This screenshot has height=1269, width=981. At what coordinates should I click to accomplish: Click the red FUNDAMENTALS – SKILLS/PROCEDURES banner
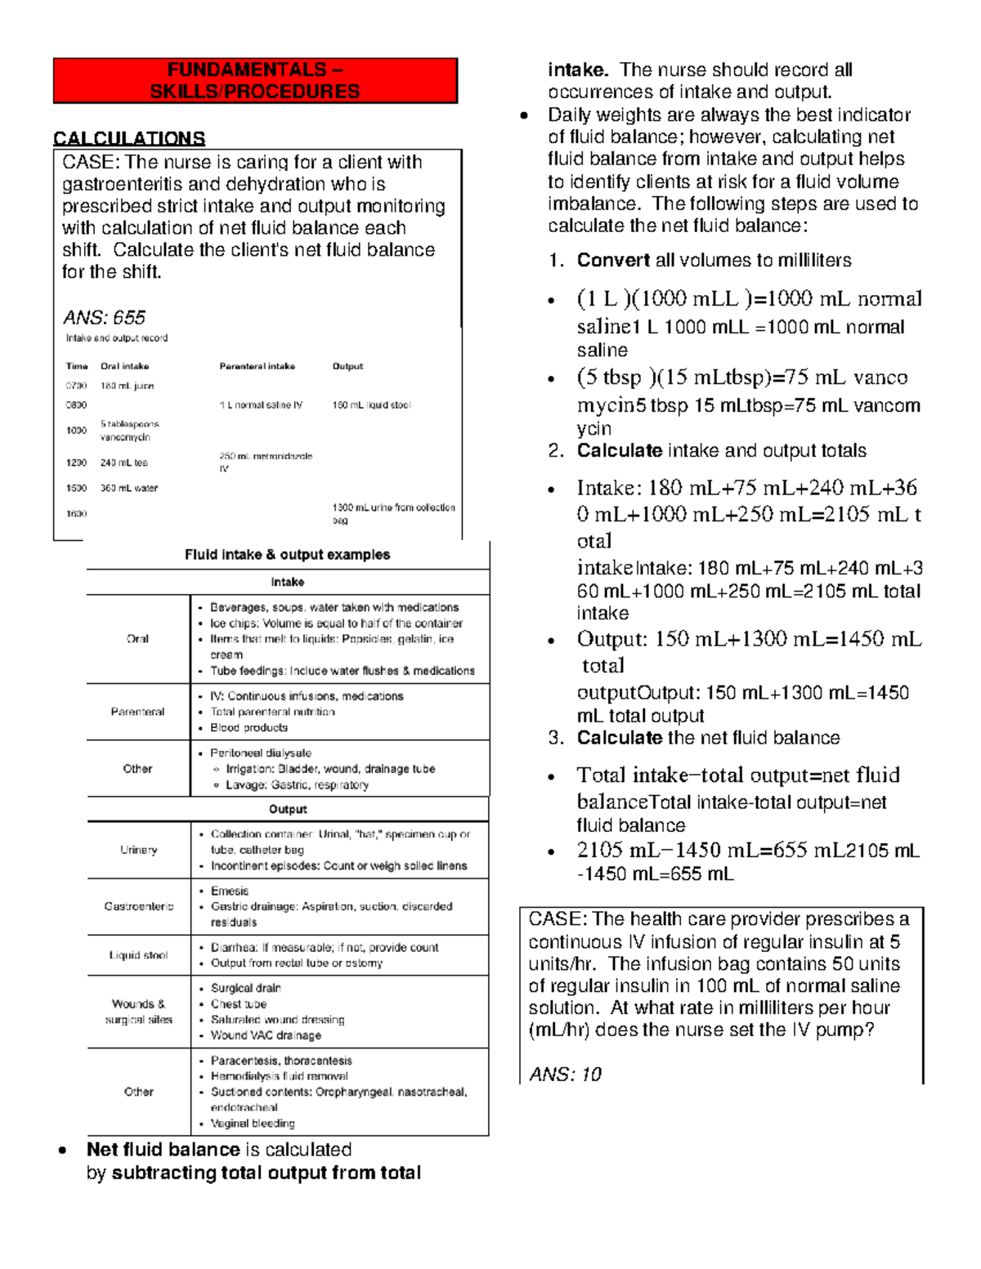click(x=255, y=81)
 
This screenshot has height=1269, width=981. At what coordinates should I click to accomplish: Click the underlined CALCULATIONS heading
click(x=129, y=138)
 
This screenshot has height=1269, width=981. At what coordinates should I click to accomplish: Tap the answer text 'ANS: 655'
click(x=104, y=317)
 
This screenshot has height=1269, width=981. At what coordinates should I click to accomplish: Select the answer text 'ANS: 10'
click(x=565, y=1074)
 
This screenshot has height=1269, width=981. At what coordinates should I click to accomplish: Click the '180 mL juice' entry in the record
click(x=127, y=386)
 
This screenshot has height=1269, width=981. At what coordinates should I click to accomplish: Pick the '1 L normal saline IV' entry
click(x=261, y=405)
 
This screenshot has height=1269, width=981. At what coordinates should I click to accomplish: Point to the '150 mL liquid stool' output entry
click(x=371, y=405)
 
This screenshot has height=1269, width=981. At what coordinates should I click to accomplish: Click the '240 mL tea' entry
click(x=123, y=462)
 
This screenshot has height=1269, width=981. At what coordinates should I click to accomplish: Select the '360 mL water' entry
click(x=128, y=488)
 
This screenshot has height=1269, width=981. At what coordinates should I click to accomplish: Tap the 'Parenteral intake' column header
click(x=257, y=366)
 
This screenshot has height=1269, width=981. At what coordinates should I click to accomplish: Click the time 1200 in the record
click(x=76, y=462)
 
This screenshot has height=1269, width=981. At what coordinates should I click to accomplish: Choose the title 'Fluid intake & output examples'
click(x=287, y=555)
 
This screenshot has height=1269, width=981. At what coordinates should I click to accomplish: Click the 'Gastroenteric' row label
click(x=138, y=906)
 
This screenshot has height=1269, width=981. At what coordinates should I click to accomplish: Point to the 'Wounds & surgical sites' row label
click(x=138, y=1012)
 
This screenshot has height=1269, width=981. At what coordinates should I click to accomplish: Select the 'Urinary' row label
click(x=138, y=850)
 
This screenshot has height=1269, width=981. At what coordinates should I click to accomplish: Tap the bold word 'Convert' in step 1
click(x=613, y=260)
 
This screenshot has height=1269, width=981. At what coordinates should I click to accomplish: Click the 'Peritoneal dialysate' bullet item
click(x=260, y=753)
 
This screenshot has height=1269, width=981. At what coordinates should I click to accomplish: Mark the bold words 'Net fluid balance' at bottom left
click(x=163, y=1150)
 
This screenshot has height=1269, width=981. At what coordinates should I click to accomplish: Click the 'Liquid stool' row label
click(x=138, y=955)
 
